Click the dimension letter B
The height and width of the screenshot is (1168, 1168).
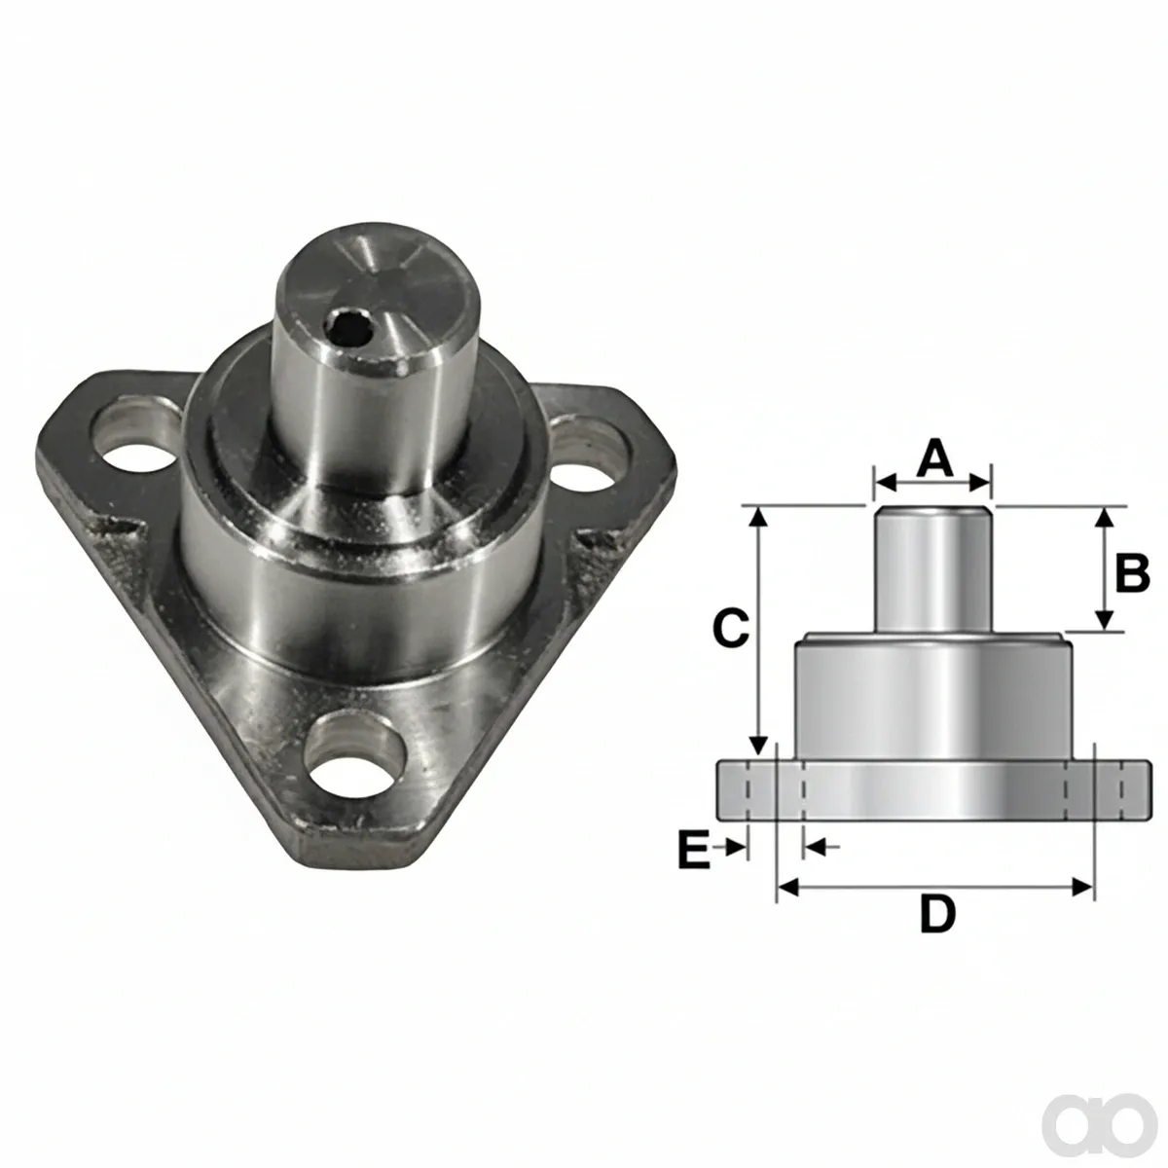1132,572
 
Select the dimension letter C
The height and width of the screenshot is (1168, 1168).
732,629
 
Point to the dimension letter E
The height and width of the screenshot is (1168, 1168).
694,851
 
